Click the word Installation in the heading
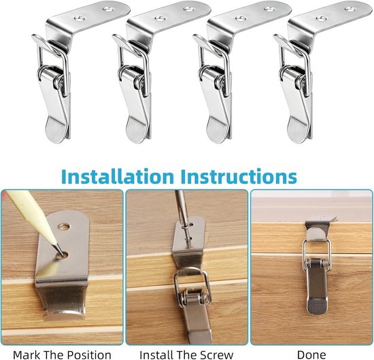118,177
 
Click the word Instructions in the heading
239,177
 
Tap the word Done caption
311,355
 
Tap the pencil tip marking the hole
63,254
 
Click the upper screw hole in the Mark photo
64,227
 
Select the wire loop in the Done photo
317,256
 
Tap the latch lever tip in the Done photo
317,306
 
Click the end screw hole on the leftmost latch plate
108,10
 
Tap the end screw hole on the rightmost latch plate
350,10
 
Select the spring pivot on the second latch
140,82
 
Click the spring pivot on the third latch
220,82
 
